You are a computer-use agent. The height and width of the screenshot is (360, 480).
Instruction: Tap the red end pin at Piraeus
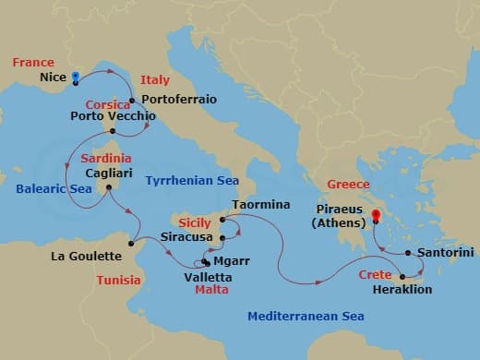[376, 219]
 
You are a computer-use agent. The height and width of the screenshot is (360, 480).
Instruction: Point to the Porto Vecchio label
[113, 116]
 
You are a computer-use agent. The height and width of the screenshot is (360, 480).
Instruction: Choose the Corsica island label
[106, 104]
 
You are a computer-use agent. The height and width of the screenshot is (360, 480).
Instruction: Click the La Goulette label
[86, 256]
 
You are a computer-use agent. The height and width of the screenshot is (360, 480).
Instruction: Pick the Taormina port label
[261, 204]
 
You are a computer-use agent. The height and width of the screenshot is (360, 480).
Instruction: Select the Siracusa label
[185, 236]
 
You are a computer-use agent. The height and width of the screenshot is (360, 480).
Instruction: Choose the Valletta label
[209, 276]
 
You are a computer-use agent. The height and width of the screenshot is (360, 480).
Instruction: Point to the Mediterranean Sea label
[306, 317]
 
